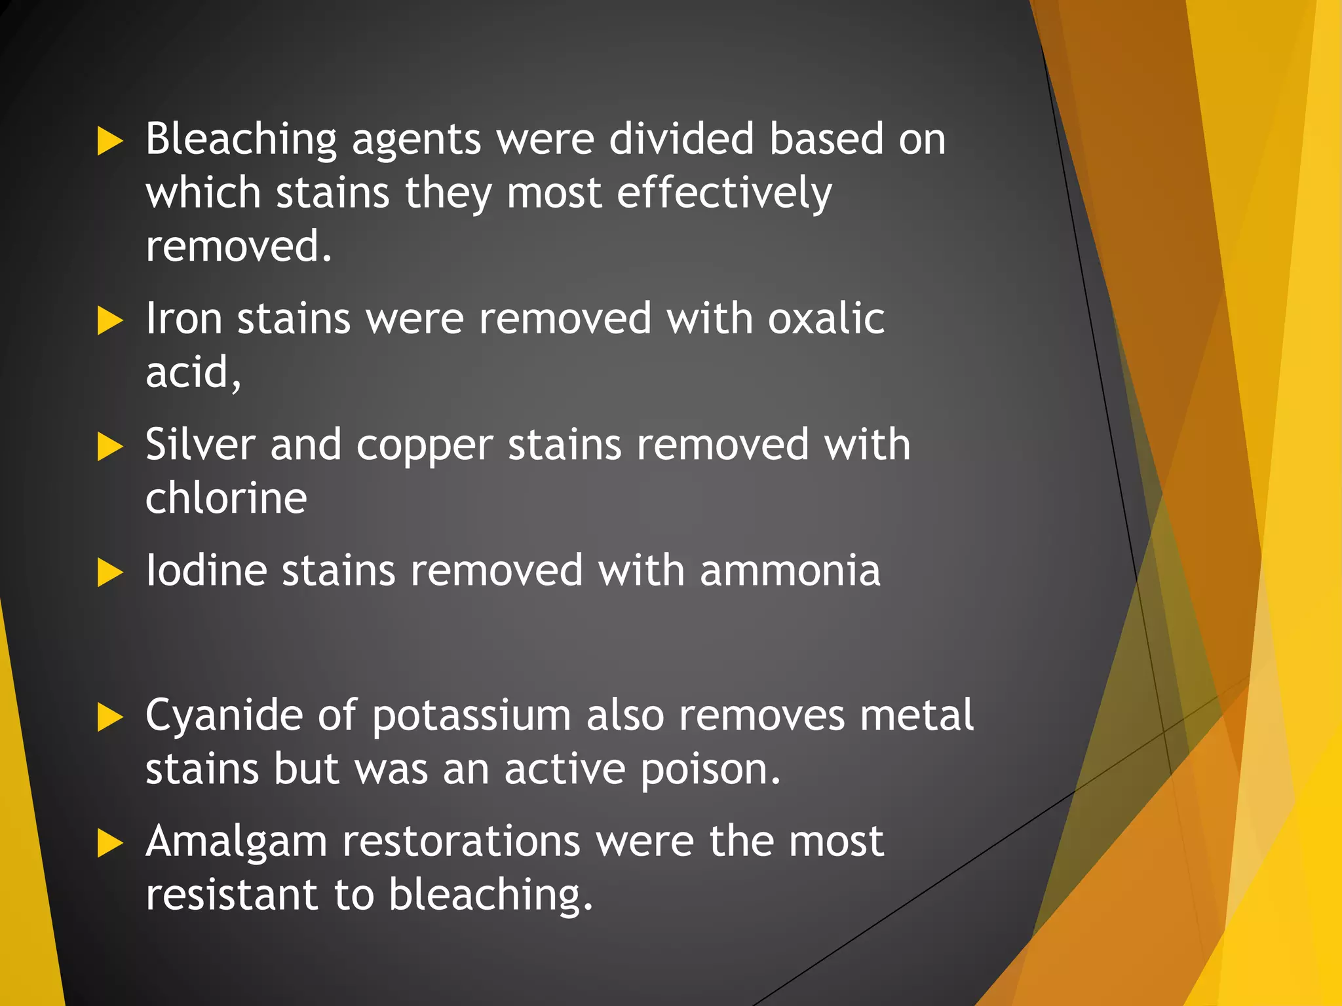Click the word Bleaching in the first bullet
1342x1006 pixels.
point(241,140)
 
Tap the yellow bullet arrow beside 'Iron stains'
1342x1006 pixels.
point(109,321)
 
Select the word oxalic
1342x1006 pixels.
point(826,319)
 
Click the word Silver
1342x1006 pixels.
point(199,445)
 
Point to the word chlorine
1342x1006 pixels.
point(226,498)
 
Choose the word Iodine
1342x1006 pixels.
point(206,570)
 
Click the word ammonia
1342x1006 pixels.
point(790,570)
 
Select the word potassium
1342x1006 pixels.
point(471,716)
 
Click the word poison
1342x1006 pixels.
point(710,770)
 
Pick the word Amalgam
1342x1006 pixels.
point(236,842)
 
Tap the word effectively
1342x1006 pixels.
point(724,194)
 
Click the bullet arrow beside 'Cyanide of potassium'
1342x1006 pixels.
point(109,717)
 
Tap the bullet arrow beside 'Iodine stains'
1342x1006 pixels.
point(109,572)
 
